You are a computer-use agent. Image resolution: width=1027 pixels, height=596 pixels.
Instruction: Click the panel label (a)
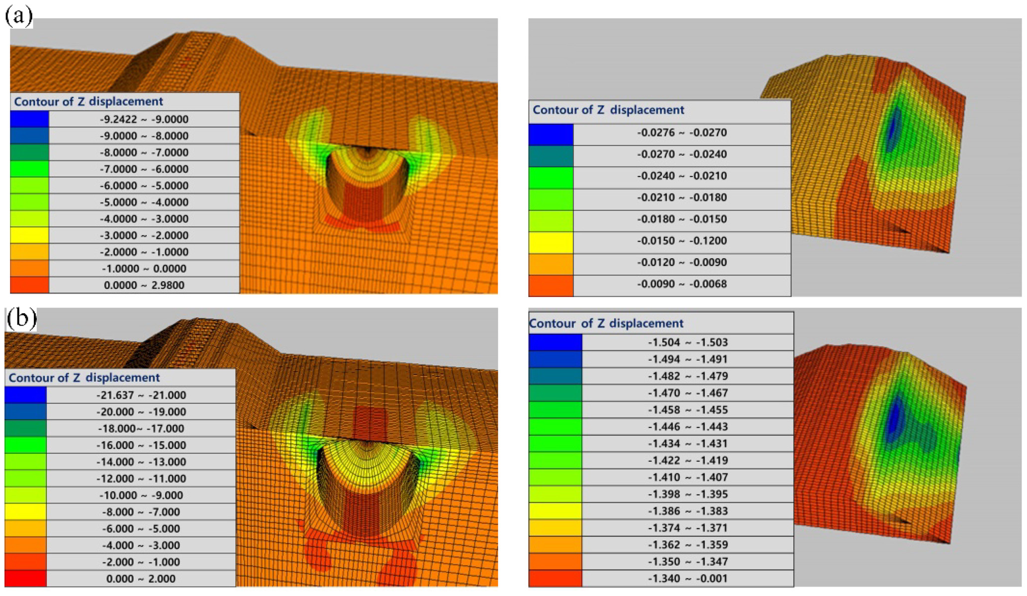(19, 16)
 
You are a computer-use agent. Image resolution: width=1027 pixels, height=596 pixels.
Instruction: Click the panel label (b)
(21, 319)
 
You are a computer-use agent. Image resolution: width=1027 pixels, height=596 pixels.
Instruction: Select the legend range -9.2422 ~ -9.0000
(144, 119)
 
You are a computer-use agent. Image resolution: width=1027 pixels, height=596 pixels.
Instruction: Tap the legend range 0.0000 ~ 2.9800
(144, 285)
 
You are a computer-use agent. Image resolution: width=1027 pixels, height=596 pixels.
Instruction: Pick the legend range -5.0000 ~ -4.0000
(144, 202)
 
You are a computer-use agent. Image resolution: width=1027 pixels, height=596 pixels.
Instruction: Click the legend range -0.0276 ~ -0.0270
(682, 133)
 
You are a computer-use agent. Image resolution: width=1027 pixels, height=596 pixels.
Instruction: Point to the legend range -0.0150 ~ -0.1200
(682, 241)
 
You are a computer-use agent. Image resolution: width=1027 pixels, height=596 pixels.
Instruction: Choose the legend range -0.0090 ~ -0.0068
(682, 284)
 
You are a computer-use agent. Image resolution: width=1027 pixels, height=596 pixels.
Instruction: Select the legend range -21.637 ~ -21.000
(141, 396)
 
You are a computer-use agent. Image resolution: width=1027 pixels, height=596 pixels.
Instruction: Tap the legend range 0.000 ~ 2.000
(141, 579)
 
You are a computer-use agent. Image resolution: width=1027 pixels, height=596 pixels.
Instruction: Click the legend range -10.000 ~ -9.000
(141, 496)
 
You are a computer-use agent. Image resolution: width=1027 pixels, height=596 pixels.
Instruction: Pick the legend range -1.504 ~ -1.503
(688, 342)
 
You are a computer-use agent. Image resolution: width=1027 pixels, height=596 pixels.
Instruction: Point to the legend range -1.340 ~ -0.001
(688, 579)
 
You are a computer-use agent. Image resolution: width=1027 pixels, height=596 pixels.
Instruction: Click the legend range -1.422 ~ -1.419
(688, 461)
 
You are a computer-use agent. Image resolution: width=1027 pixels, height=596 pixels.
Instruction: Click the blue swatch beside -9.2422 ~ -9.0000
(29, 119)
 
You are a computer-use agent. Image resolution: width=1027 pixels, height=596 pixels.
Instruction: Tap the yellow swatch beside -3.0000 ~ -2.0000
(29, 235)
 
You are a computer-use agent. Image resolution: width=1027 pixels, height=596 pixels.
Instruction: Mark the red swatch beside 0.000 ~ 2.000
(25, 579)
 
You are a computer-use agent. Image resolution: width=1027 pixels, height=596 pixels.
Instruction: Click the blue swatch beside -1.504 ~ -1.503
(555, 342)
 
